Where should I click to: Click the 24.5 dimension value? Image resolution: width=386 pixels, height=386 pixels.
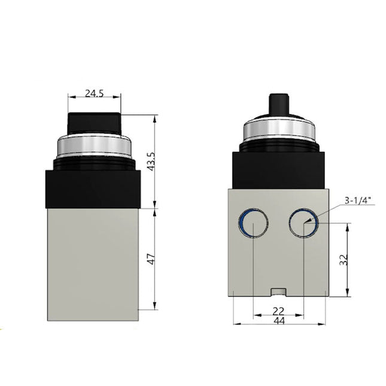(95, 93)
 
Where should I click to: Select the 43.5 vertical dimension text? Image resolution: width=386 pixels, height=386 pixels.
(151, 162)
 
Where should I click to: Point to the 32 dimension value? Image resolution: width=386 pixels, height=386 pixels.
(344, 260)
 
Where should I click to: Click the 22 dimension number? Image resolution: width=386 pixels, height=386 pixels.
(278, 311)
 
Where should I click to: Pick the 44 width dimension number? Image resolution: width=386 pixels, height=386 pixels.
(278, 321)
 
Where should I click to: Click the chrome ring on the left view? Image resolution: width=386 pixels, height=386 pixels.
(93, 145)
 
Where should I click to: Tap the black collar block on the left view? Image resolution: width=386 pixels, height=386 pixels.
(93, 187)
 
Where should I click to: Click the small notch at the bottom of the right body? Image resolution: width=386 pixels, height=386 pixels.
(278, 292)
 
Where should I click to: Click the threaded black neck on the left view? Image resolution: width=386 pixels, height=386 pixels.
(93, 162)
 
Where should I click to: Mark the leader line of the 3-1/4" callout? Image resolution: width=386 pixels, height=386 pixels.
(323, 212)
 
